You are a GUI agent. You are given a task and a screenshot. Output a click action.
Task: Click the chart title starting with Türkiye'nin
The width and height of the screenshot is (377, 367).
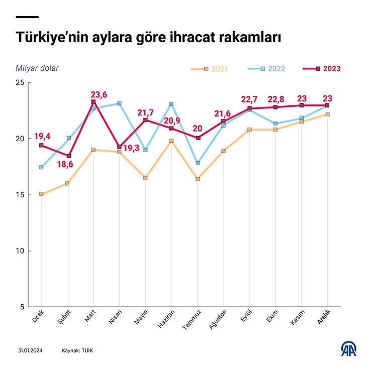point(148,38)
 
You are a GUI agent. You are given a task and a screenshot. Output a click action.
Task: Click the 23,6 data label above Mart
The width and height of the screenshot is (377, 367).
point(99,94)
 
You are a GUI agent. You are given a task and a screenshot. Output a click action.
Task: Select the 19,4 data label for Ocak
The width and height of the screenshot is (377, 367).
point(42,136)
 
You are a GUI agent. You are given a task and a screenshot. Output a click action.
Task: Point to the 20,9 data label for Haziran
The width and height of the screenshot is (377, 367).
point(171,120)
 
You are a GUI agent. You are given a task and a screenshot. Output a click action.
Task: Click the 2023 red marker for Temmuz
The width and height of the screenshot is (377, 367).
point(198,138)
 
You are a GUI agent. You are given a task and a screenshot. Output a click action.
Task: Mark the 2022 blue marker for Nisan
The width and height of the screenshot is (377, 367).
point(120,103)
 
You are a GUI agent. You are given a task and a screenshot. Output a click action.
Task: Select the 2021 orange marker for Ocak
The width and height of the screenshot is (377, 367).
point(41,194)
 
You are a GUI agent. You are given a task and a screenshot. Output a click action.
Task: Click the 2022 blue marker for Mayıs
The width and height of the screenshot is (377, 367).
point(146,150)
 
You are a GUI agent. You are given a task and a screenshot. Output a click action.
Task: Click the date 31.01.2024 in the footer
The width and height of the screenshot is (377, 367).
point(29,350)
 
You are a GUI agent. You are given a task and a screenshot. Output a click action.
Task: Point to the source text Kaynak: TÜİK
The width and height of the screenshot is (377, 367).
point(77,350)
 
